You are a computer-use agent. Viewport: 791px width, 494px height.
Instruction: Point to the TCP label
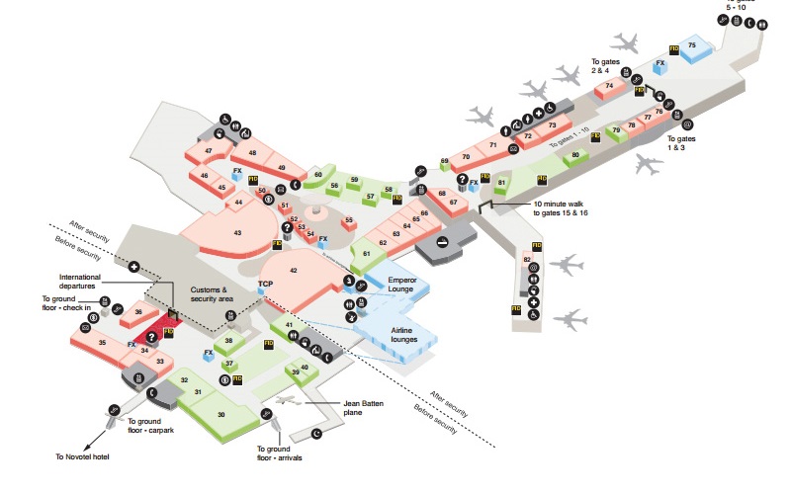click(x=265, y=285)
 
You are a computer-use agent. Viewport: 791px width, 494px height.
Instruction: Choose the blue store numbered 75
click(x=692, y=46)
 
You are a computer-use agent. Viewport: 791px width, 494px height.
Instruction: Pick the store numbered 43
click(x=238, y=233)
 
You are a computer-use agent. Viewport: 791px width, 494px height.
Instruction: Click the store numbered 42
click(x=294, y=270)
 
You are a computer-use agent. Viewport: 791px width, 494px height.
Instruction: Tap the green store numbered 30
click(x=221, y=415)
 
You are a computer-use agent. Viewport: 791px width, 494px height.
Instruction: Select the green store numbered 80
click(x=574, y=155)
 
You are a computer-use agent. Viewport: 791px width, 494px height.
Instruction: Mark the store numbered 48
click(x=253, y=153)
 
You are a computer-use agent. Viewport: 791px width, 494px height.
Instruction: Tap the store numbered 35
click(x=102, y=343)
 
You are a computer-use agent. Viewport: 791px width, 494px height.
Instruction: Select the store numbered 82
click(x=527, y=260)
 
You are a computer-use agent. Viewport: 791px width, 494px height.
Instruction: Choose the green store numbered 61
click(x=366, y=254)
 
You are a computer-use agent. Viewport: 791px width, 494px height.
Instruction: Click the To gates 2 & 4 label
click(x=605, y=66)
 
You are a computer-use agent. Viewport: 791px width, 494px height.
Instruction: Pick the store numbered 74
click(x=609, y=87)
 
